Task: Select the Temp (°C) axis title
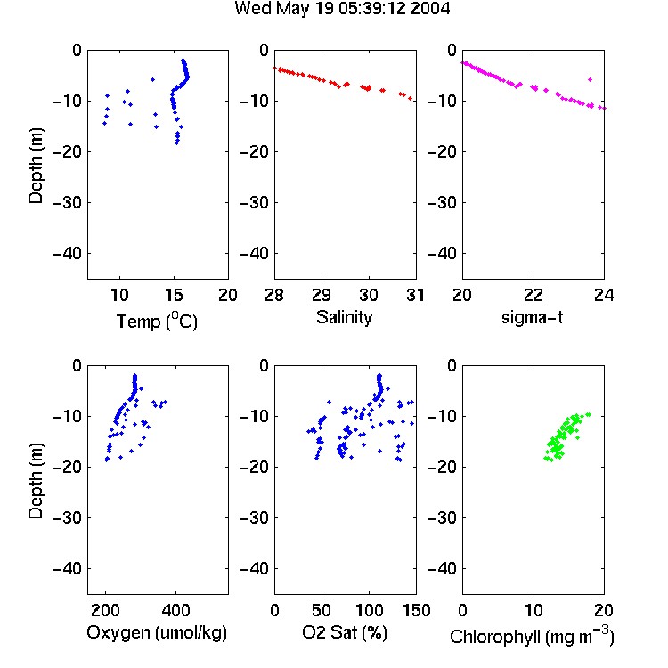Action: (x=157, y=321)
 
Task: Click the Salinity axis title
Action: (x=344, y=317)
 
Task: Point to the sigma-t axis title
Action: (x=532, y=317)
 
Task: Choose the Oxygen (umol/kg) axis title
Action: (x=157, y=632)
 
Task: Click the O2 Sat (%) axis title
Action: (x=345, y=632)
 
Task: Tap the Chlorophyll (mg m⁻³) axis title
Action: (x=532, y=636)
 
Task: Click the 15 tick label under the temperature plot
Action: (x=174, y=295)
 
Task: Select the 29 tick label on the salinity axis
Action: (x=322, y=295)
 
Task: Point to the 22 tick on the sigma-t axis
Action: (x=534, y=295)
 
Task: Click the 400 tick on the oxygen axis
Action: (x=175, y=610)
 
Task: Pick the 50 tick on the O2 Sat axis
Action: (x=322, y=610)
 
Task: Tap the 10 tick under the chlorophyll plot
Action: (x=534, y=610)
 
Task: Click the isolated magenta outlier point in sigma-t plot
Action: (x=590, y=79)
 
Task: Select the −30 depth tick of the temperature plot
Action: (x=67, y=202)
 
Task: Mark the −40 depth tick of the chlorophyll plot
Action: (x=442, y=568)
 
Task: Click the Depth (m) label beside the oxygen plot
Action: (x=36, y=481)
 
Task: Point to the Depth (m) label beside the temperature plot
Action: (x=36, y=166)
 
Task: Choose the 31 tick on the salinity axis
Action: (x=415, y=295)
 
